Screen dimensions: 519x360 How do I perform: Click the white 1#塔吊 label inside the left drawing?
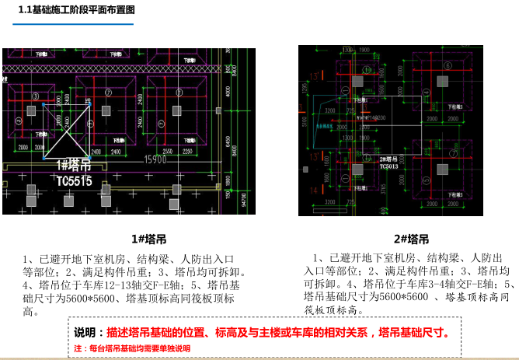tap(74, 166)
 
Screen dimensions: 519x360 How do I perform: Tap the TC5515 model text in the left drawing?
tap(74, 181)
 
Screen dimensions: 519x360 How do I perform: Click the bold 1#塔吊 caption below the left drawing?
tap(149, 239)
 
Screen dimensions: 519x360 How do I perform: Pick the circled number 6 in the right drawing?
tap(448, 65)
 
